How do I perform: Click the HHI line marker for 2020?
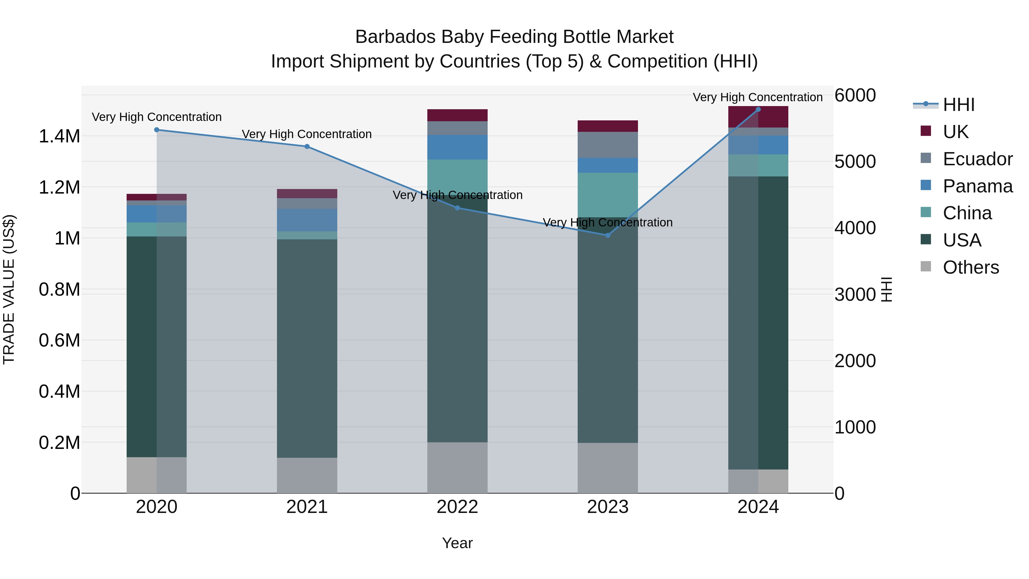click(x=157, y=130)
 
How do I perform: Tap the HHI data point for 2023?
click(x=608, y=235)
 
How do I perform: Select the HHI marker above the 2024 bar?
click(x=758, y=110)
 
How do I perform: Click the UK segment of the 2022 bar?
click(x=457, y=115)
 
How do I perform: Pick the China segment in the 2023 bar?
click(x=608, y=195)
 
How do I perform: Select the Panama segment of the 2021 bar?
click(x=307, y=220)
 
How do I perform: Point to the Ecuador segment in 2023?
click(x=608, y=145)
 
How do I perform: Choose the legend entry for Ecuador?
click(x=977, y=159)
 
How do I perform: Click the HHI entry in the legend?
click(x=958, y=105)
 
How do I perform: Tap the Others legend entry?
click(x=970, y=267)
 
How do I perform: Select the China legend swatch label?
click(x=967, y=213)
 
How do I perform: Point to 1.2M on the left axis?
click(x=59, y=187)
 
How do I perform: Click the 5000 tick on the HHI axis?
click(x=855, y=162)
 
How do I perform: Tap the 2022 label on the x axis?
click(x=457, y=507)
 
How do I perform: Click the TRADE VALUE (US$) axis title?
click(x=9, y=289)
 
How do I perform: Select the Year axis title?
click(x=457, y=543)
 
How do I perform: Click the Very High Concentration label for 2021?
click(x=307, y=134)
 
